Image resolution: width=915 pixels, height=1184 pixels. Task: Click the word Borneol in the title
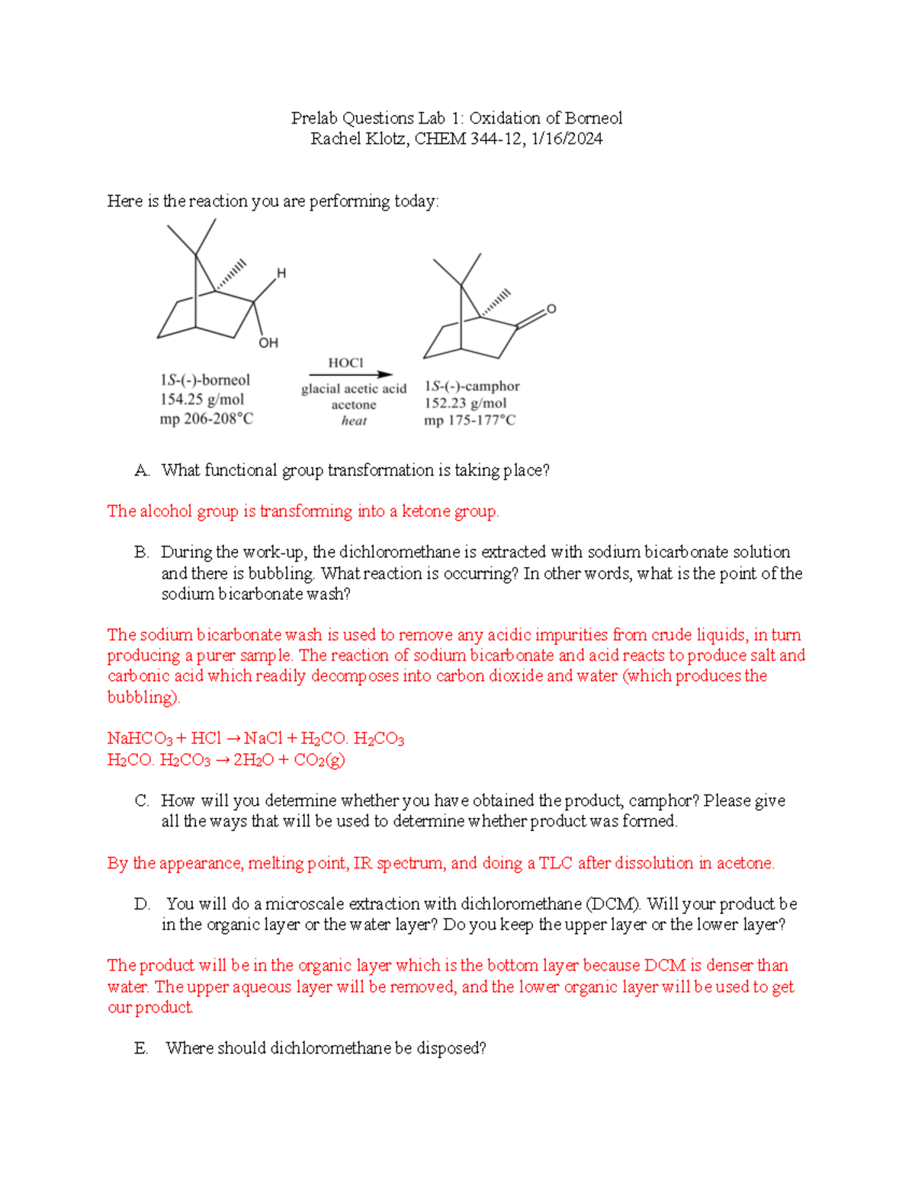pos(592,118)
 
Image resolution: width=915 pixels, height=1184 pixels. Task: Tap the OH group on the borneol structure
pos(268,343)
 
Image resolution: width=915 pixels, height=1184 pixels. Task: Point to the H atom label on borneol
pos(281,273)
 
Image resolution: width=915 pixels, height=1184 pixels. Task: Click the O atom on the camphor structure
pos(551,309)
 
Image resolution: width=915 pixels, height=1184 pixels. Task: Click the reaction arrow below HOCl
pos(350,374)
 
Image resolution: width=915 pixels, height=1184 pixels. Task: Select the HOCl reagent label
pos(345,363)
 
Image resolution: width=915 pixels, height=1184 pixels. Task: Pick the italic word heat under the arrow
pos(354,421)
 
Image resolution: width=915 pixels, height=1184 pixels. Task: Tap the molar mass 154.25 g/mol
pos(202,399)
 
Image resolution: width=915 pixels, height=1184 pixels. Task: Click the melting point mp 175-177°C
pos(470,420)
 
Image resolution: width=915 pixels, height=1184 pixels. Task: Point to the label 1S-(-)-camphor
pos(472,386)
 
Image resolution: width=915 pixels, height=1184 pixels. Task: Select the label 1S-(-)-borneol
pos(204,380)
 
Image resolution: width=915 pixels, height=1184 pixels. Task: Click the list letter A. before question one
pos(141,470)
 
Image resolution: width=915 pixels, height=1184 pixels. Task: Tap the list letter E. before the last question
pos(141,1049)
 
